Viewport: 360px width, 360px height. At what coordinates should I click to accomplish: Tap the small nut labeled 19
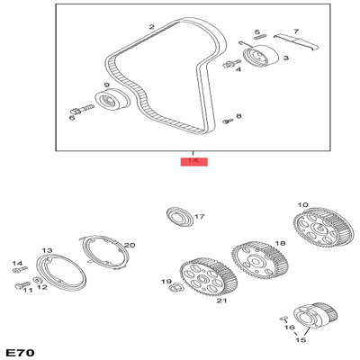176,289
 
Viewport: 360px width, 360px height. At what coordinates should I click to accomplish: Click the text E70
20,350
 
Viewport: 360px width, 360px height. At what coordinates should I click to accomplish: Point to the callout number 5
256,33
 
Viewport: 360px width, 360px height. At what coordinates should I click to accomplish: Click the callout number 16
290,328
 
